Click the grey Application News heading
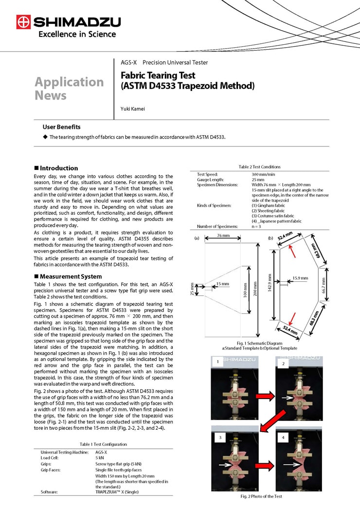pos(69,88)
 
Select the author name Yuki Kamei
pos(133,109)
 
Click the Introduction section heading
pos(58,168)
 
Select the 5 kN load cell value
pos(99,457)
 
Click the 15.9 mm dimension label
pos(300,278)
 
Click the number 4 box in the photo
pos(283,438)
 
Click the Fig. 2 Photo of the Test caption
pos(261,496)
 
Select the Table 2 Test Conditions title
pos(259,167)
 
